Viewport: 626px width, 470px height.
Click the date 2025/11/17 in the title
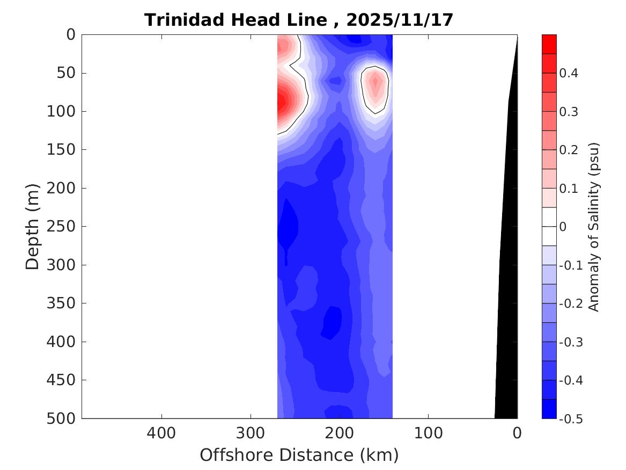[400, 20]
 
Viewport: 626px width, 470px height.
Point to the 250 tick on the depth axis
[63, 227]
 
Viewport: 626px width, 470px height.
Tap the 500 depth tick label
[63, 418]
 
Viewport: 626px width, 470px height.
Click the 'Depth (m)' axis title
[33, 226]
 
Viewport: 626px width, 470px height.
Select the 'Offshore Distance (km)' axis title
[299, 455]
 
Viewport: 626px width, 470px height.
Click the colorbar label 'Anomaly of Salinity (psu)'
[593, 227]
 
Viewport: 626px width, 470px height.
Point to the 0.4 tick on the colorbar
[569, 74]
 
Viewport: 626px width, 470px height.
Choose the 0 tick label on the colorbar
[563, 227]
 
